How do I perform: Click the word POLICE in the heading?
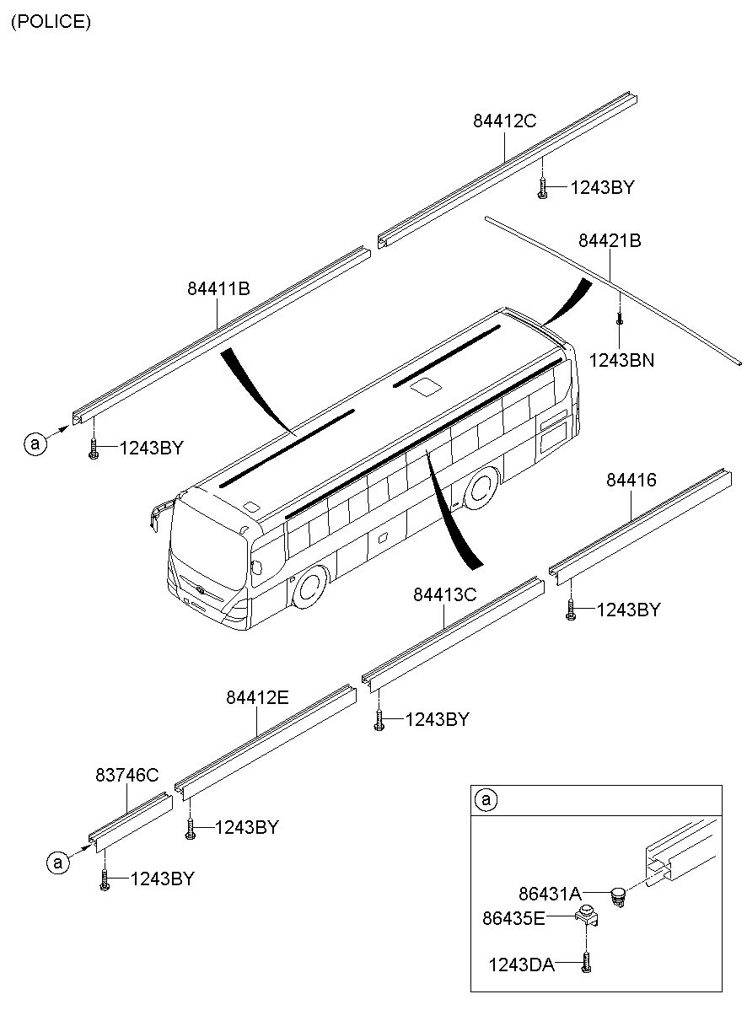click(x=51, y=21)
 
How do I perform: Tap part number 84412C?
click(x=504, y=121)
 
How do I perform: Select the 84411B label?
click(x=218, y=288)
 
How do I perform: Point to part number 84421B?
click(x=610, y=240)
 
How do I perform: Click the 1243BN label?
click(x=621, y=361)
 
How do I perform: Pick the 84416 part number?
click(x=631, y=480)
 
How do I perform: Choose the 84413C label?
click(x=445, y=594)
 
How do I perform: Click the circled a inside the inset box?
click(x=486, y=799)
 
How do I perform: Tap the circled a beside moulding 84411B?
click(x=35, y=443)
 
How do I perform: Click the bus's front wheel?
click(x=309, y=588)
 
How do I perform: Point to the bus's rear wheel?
click(x=481, y=489)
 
